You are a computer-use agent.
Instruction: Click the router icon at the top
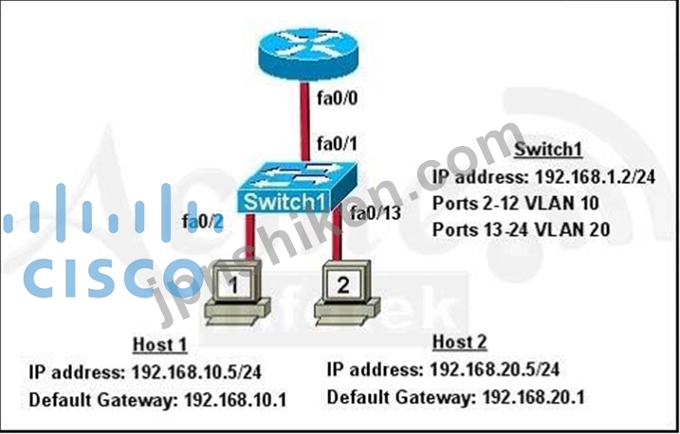pyautogui.click(x=308, y=53)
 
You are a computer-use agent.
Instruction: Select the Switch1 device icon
pyautogui.click(x=297, y=188)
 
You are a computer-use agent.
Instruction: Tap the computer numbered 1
pyautogui.click(x=237, y=293)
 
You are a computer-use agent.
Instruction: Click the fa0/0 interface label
pyautogui.click(x=338, y=99)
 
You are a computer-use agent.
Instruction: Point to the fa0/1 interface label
pyautogui.click(x=338, y=143)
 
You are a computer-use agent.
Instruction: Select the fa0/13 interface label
pyautogui.click(x=376, y=212)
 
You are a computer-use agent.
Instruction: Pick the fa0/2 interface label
pyautogui.click(x=203, y=222)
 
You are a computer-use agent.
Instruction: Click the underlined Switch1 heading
pyautogui.click(x=548, y=150)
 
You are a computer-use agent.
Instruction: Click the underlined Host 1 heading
pyautogui.click(x=160, y=345)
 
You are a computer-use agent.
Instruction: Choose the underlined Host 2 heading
pyautogui.click(x=460, y=342)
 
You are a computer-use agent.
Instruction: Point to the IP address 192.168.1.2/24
pyautogui.click(x=595, y=176)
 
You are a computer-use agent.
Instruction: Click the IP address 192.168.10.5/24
pyautogui.click(x=196, y=372)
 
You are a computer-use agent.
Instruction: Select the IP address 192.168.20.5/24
pyautogui.click(x=495, y=370)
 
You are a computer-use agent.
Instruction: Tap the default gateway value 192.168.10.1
pyautogui.click(x=235, y=400)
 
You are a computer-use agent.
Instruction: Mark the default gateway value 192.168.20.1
pyautogui.click(x=534, y=397)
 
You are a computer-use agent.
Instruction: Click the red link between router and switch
pyautogui.click(x=304, y=121)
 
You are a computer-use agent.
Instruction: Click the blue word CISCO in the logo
pyautogui.click(x=113, y=278)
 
